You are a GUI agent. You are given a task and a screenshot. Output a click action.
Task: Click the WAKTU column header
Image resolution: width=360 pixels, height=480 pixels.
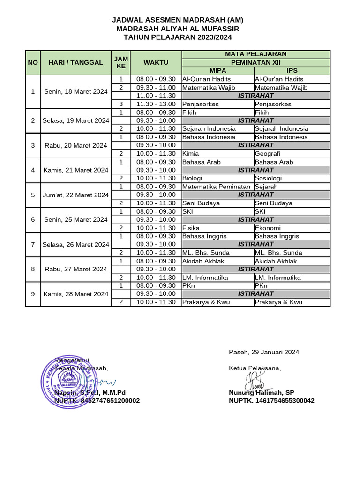pyautogui.click(x=156, y=62)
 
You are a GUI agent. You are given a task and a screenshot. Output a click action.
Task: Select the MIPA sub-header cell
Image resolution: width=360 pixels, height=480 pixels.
pyautogui.click(x=217, y=70)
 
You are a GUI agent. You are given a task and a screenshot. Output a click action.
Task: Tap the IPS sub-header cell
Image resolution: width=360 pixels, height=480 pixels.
pyautogui.click(x=292, y=70)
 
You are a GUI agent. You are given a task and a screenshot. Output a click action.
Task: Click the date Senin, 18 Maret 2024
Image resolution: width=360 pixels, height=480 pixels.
pyautogui.click(x=76, y=91)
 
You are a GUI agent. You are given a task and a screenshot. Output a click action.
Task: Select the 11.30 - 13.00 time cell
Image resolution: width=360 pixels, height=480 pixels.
pyautogui.click(x=156, y=104)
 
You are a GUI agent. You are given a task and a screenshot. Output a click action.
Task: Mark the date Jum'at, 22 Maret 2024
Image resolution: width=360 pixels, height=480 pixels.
pyautogui.click(x=76, y=195)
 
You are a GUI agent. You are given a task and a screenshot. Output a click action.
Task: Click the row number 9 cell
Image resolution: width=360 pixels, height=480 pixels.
pyautogui.click(x=33, y=294)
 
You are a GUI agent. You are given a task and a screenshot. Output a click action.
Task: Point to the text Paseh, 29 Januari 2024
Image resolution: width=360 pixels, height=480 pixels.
pyautogui.click(x=264, y=352)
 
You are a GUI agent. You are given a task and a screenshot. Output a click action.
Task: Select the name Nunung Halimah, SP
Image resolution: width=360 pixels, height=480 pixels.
pyautogui.click(x=262, y=393)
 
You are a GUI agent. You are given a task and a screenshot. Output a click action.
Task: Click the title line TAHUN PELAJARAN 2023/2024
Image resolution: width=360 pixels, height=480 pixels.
pyautogui.click(x=178, y=37)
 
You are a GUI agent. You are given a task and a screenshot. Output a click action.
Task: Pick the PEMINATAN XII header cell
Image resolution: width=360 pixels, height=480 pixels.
pyautogui.click(x=255, y=62)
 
